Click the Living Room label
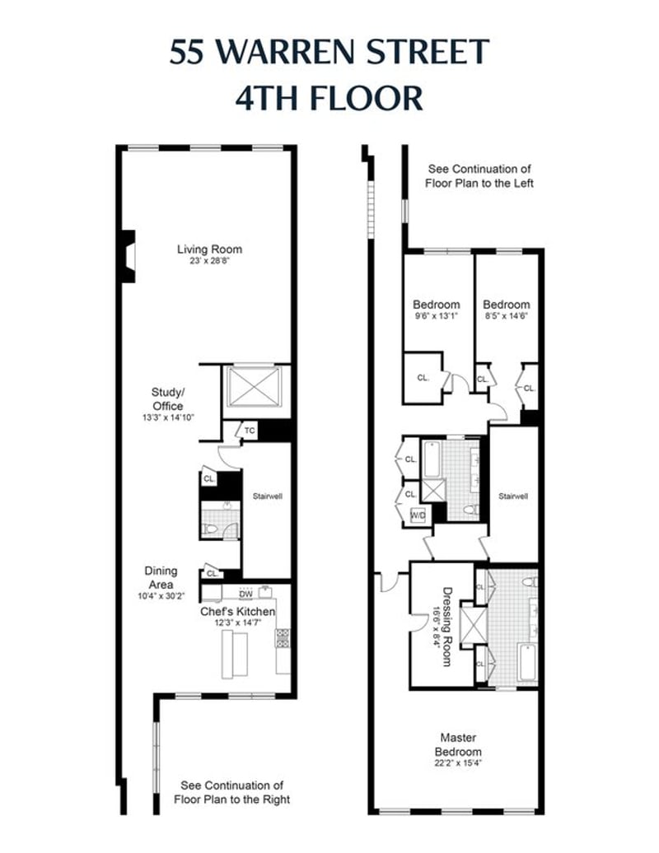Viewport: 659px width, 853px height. [209, 249]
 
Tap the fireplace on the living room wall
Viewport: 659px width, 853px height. [128, 256]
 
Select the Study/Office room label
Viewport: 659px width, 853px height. [167, 399]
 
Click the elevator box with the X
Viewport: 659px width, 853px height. [255, 386]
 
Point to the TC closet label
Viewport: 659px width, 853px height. [250, 431]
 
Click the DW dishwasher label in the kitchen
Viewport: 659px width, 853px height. [246, 594]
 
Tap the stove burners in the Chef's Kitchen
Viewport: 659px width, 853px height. [283, 638]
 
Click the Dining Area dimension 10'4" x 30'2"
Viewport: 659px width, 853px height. [161, 595]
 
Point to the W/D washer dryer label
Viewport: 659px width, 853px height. [418, 515]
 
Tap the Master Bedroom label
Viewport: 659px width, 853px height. [458, 745]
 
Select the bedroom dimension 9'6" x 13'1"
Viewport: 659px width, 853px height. [436, 315]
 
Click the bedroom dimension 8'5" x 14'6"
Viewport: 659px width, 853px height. [506, 315]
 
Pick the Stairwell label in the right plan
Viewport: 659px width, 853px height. [513, 496]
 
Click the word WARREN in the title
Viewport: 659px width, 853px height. [287, 52]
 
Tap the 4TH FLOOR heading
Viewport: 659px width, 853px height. [329, 98]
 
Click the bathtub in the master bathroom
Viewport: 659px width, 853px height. [528, 663]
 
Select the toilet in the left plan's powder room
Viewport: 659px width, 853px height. [209, 529]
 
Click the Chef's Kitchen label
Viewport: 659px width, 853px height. [238, 612]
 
